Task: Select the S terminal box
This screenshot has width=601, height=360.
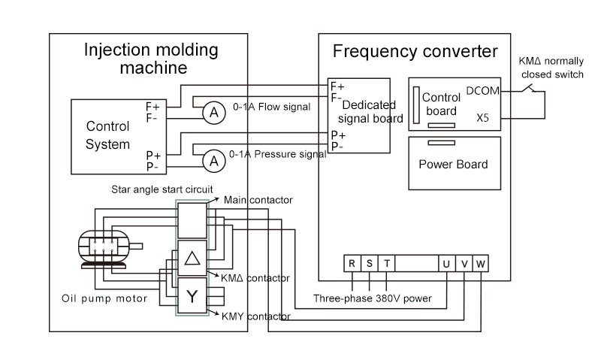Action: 369,263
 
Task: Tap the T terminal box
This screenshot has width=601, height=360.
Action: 386,263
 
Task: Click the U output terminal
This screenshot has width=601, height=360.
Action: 447,263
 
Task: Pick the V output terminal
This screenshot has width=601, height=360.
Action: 464,263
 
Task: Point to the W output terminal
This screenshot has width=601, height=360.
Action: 482,263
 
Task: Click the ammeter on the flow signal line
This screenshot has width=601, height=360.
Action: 214,112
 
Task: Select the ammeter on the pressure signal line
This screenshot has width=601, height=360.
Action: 214,160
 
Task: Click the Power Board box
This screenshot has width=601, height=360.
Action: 453,164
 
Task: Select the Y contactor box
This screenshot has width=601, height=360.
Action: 192,295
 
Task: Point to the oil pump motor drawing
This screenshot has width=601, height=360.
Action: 107,249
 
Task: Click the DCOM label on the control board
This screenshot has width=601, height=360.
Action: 481,91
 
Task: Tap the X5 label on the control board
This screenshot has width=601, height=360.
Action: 482,118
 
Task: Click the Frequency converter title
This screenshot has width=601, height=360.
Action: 415,51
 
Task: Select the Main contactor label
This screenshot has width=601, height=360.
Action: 258,200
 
